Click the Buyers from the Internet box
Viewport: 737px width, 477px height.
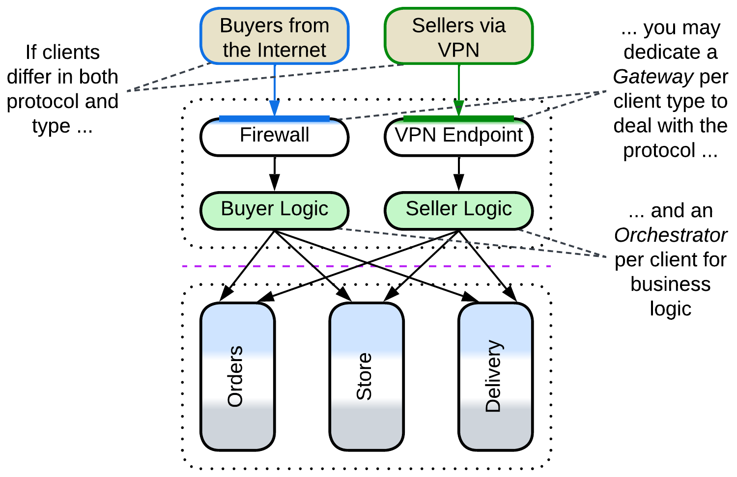274,37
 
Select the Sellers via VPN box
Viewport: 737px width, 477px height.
458,37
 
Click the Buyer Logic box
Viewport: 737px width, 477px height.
274,210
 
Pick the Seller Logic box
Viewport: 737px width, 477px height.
458,210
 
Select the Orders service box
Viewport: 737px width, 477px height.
237,376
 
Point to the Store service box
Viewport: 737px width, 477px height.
366,376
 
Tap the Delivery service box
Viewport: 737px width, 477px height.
495,376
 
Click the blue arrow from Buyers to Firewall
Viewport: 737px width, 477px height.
274,88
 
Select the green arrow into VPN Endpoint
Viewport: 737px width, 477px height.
458,88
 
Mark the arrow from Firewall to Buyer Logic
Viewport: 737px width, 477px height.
274,173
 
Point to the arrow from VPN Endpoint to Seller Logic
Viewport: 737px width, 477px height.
458,173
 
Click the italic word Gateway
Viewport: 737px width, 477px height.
652,77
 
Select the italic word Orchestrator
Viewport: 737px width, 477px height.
670,235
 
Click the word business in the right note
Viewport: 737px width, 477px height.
670,284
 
